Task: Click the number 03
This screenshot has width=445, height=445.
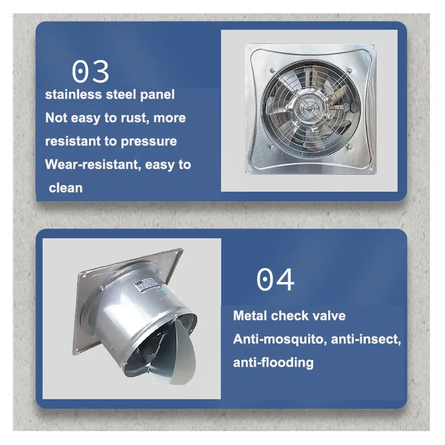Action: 90,71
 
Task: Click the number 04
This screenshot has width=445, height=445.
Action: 275,280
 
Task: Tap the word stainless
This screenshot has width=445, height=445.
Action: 73,95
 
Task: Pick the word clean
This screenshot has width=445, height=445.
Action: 66,188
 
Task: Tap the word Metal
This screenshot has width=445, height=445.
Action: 250,316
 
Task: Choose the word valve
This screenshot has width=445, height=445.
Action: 328,316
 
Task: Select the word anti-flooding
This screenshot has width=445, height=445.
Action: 273,363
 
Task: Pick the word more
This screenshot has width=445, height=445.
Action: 170,118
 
